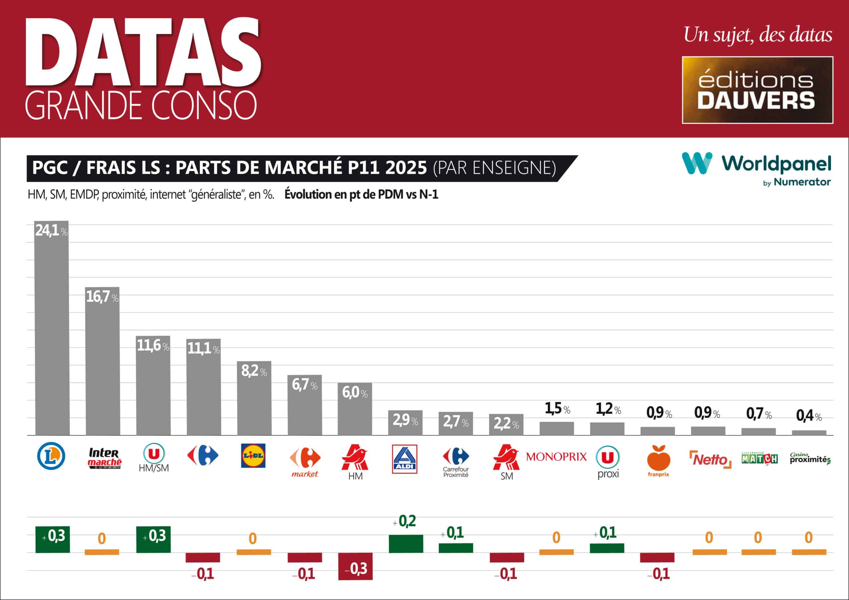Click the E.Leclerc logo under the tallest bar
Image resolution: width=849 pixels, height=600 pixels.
click(51, 456)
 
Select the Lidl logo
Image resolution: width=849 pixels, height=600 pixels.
click(253, 455)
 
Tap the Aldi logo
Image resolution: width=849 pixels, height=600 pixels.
click(405, 459)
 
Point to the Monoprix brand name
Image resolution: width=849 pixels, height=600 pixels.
click(556, 457)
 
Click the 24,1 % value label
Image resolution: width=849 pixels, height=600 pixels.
click(51, 231)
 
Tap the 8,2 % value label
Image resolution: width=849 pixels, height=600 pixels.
click(254, 371)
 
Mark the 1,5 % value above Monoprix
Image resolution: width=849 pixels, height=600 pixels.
click(557, 408)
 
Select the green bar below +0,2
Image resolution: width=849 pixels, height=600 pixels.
click(406, 543)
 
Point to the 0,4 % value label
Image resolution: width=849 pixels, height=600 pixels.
click(809, 416)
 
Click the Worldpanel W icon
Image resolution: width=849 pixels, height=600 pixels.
click(697, 163)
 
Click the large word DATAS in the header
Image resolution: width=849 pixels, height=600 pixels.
click(144, 52)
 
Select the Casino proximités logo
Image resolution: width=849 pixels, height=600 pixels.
click(810, 459)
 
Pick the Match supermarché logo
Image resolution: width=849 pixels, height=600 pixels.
click(759, 458)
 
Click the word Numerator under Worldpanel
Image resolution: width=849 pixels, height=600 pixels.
click(802, 182)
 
